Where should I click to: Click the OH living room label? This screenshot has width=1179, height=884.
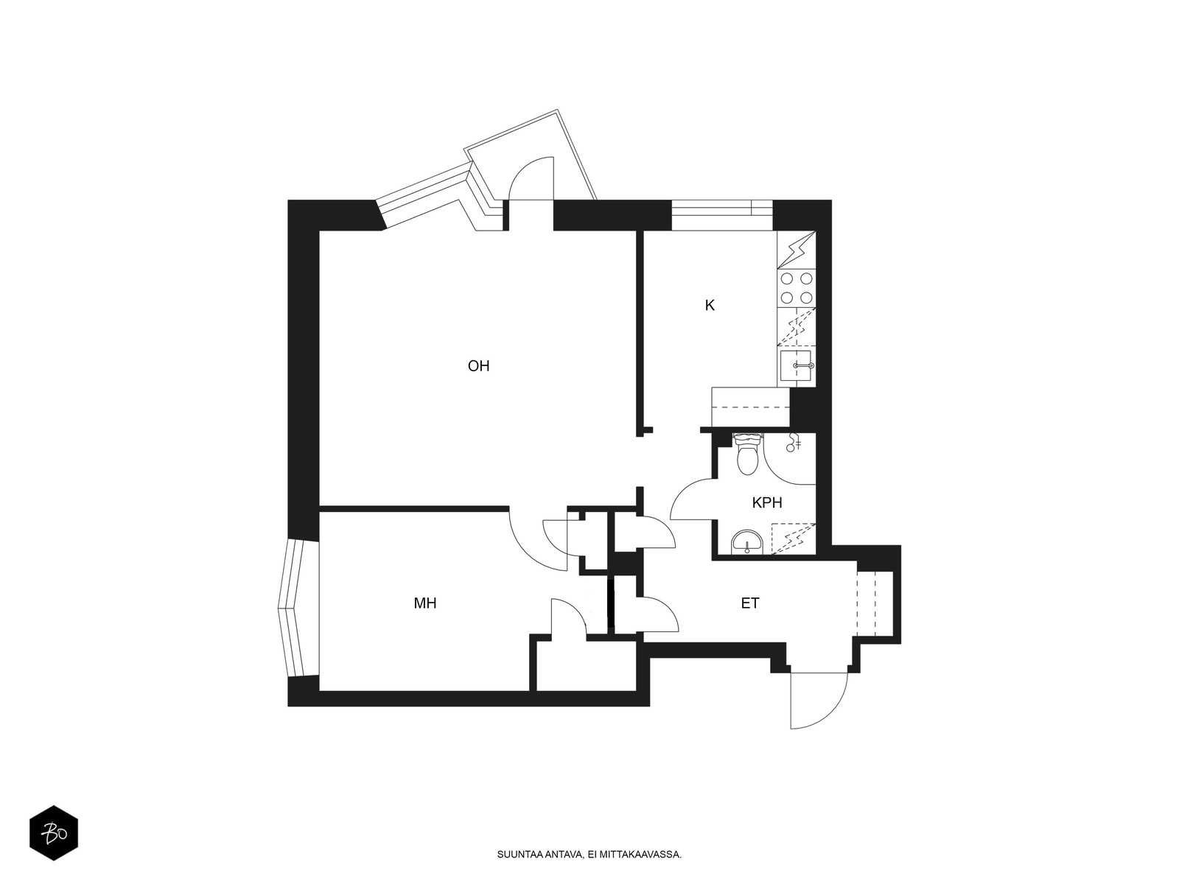coord(478,366)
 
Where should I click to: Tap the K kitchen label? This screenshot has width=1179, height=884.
coord(710,306)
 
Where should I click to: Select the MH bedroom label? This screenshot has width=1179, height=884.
coord(425,603)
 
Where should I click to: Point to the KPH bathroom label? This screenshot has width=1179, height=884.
coord(766,503)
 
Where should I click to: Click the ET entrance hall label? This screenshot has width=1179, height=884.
coord(750,603)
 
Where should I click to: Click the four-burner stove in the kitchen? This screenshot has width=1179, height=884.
coord(796,288)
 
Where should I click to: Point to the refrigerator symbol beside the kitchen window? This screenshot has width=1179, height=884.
coord(796,250)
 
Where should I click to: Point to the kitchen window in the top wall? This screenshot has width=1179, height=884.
coord(722,215)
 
